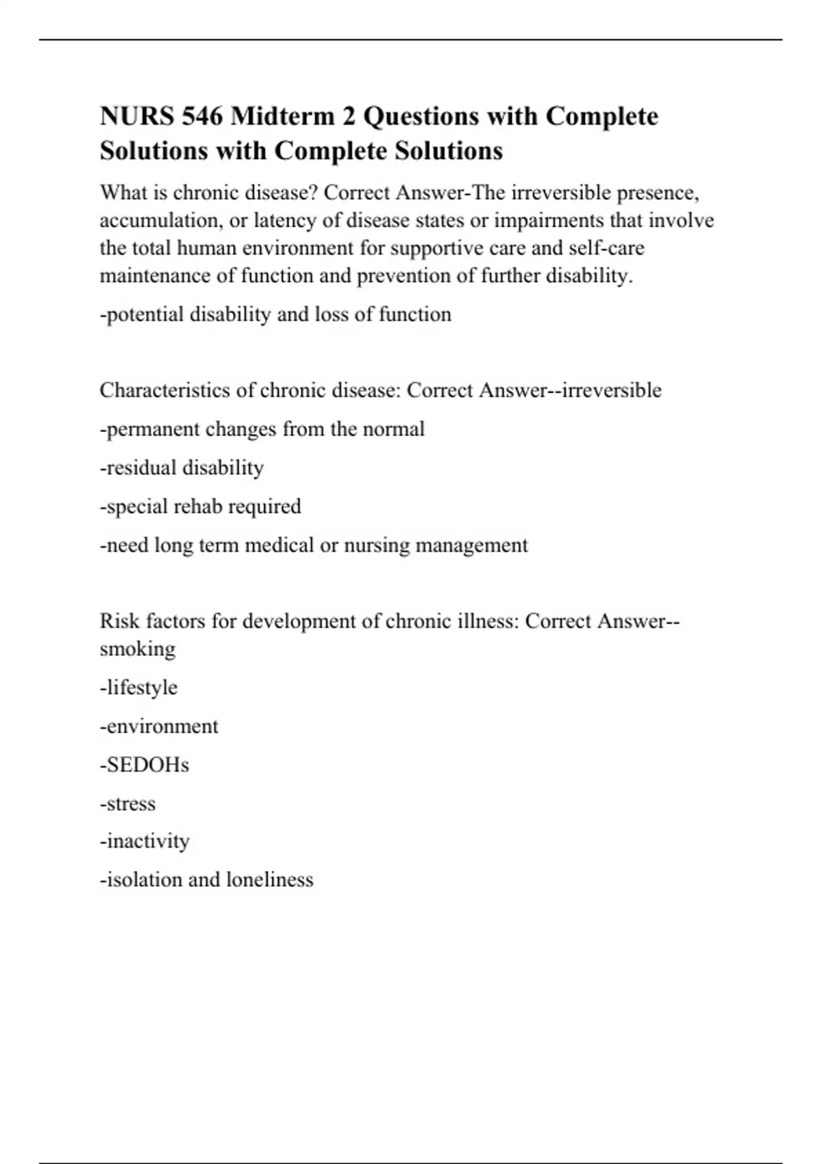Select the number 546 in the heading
pos(202,116)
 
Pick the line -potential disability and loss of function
pos(275,314)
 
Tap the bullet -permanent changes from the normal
pos(262,429)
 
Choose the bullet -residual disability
pos(182,468)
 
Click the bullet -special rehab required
pos(200,507)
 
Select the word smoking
pos(137,649)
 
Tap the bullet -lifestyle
pos(138,687)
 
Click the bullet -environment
pos(159,726)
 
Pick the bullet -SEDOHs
pos(144,765)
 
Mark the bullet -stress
pos(127,804)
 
